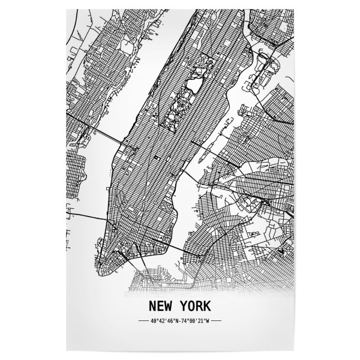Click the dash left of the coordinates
click(143, 322)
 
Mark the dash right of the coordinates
click(217, 322)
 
